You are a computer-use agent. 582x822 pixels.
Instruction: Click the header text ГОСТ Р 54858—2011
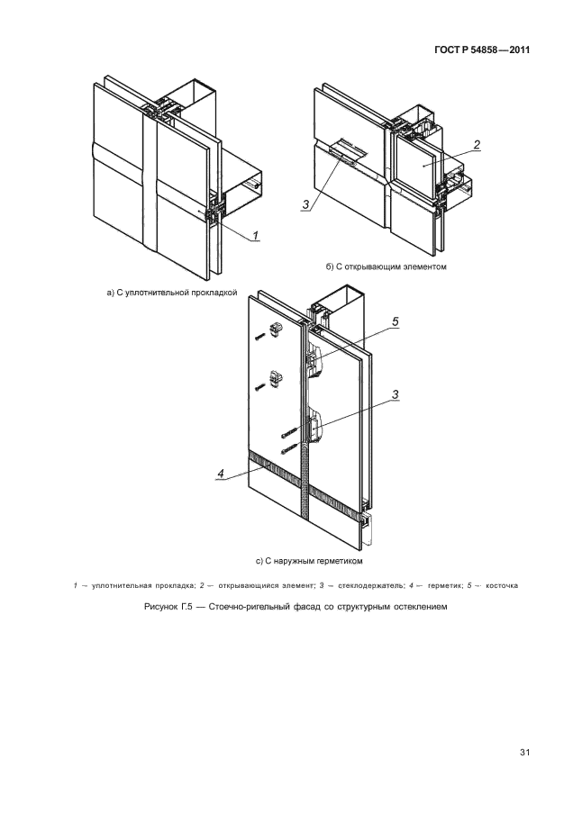click(x=482, y=50)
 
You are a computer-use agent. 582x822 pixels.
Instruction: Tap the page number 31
click(x=524, y=753)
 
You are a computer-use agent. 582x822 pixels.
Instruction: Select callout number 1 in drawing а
click(x=256, y=236)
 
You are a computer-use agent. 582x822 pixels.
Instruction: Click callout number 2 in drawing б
click(x=476, y=145)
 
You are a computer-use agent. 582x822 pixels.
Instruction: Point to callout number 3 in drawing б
click(x=306, y=204)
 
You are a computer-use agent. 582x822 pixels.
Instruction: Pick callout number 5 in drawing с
click(x=396, y=321)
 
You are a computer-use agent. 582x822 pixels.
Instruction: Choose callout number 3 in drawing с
click(x=396, y=394)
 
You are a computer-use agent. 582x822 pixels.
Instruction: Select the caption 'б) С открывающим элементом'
click(x=386, y=266)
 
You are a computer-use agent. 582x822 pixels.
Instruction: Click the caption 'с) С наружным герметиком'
click(x=310, y=561)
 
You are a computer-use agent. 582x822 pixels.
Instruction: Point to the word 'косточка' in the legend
click(x=502, y=585)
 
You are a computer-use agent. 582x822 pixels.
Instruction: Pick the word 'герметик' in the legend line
click(x=445, y=585)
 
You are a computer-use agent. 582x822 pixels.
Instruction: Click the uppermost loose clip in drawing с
click(x=275, y=329)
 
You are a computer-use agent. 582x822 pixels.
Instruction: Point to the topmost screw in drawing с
click(x=259, y=339)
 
